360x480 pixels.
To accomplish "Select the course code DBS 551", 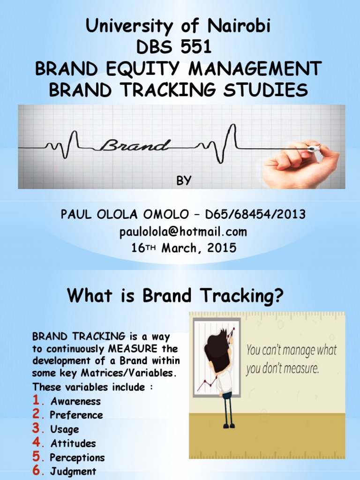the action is [174, 47].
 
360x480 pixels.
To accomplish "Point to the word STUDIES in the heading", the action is [265, 90].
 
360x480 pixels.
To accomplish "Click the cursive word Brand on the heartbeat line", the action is [135, 145].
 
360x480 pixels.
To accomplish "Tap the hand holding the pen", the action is [301, 164].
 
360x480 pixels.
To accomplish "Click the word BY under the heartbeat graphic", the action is [184, 180].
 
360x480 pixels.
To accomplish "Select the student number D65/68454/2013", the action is [255, 214].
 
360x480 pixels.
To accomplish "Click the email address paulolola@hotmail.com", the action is [183, 232].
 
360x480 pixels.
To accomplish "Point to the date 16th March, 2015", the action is [184, 247].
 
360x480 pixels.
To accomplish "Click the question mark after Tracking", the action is [277, 295].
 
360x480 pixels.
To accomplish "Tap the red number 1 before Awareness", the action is [37, 400].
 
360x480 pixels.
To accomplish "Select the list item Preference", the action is [76, 415].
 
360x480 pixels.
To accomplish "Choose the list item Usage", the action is [64, 429].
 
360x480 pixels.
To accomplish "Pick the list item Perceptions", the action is [77, 457].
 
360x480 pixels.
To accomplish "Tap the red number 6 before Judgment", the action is [37, 470].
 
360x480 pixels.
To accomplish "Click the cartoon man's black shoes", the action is [229, 425].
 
